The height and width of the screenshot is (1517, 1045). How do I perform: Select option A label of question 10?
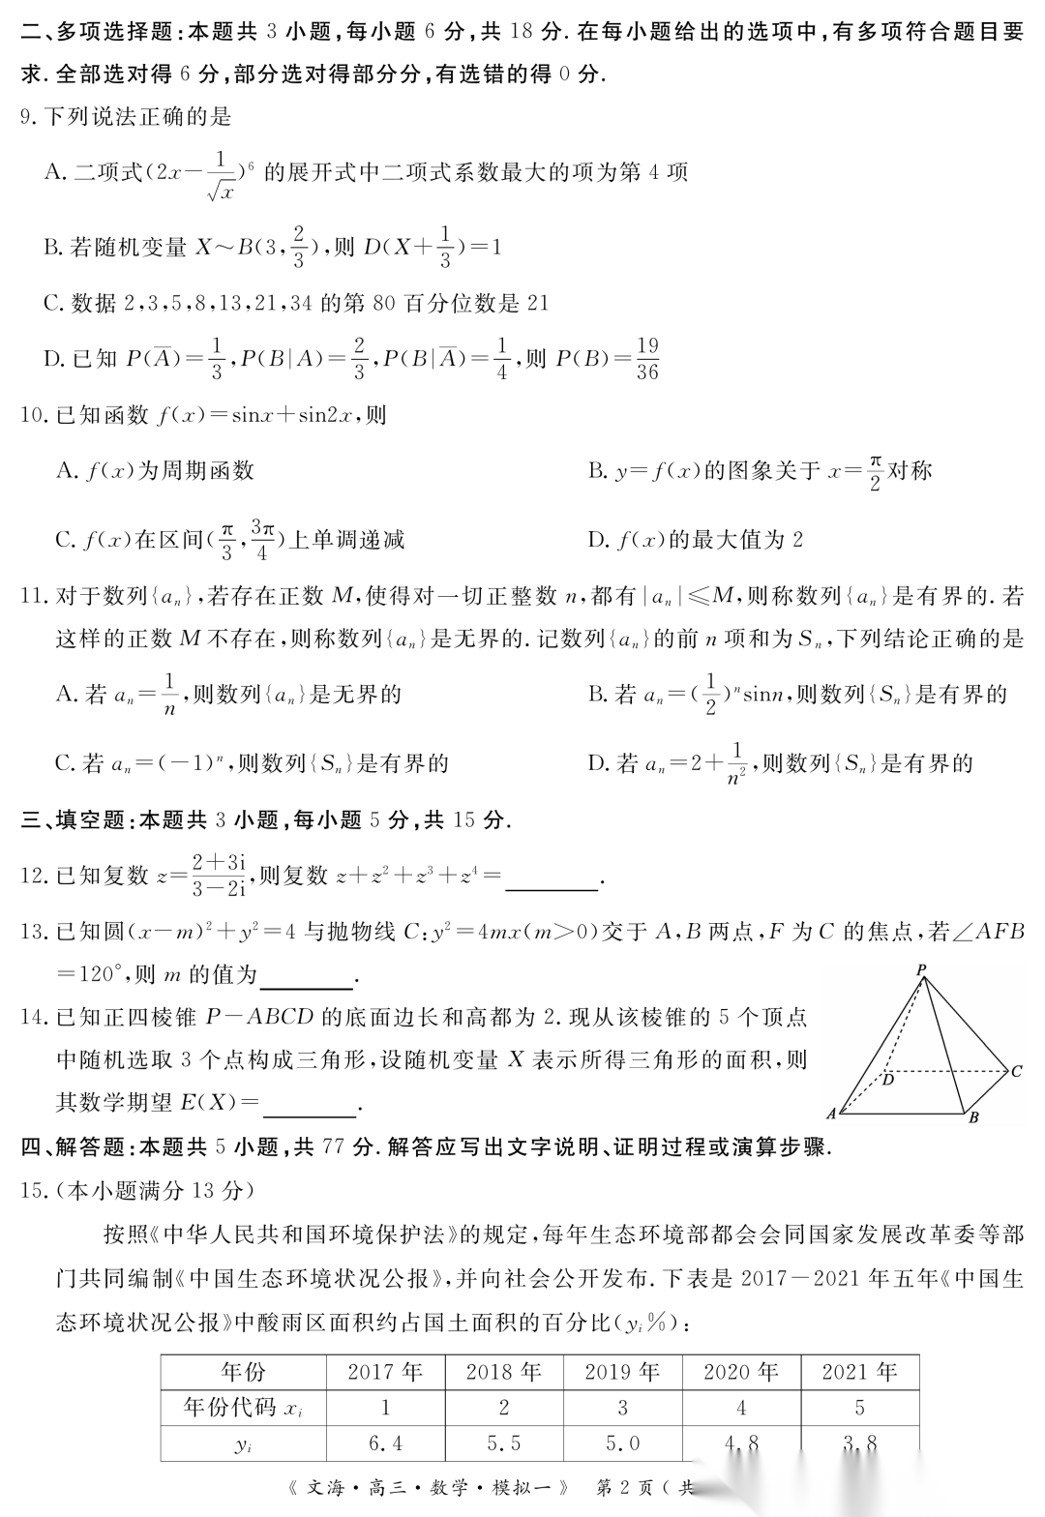pyautogui.click(x=66, y=471)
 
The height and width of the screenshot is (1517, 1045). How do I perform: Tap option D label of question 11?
pyautogui.click(x=598, y=763)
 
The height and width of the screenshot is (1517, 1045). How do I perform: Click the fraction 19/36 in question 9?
pyautogui.click(x=647, y=358)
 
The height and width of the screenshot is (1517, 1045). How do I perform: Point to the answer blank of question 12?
pyautogui.click(x=552, y=878)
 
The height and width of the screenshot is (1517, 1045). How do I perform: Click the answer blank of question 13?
pyautogui.click(x=307, y=977)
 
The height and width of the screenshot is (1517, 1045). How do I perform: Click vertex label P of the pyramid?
pyautogui.click(x=921, y=968)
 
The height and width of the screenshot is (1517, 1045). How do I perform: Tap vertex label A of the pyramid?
pyautogui.click(x=831, y=1114)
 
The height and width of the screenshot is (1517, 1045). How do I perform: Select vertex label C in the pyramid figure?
pyautogui.click(x=1016, y=1071)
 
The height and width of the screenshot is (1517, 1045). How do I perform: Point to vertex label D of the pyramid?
pyautogui.click(x=888, y=1079)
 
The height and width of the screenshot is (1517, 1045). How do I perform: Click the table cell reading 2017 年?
pyautogui.click(x=385, y=1372)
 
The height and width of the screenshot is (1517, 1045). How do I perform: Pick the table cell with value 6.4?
pyautogui.click(x=385, y=1443)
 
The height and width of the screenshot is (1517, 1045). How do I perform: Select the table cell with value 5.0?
pyautogui.click(x=622, y=1443)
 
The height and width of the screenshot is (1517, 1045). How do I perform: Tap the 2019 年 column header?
pyautogui.click(x=622, y=1372)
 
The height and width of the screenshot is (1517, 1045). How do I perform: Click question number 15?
pyautogui.click(x=35, y=1190)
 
